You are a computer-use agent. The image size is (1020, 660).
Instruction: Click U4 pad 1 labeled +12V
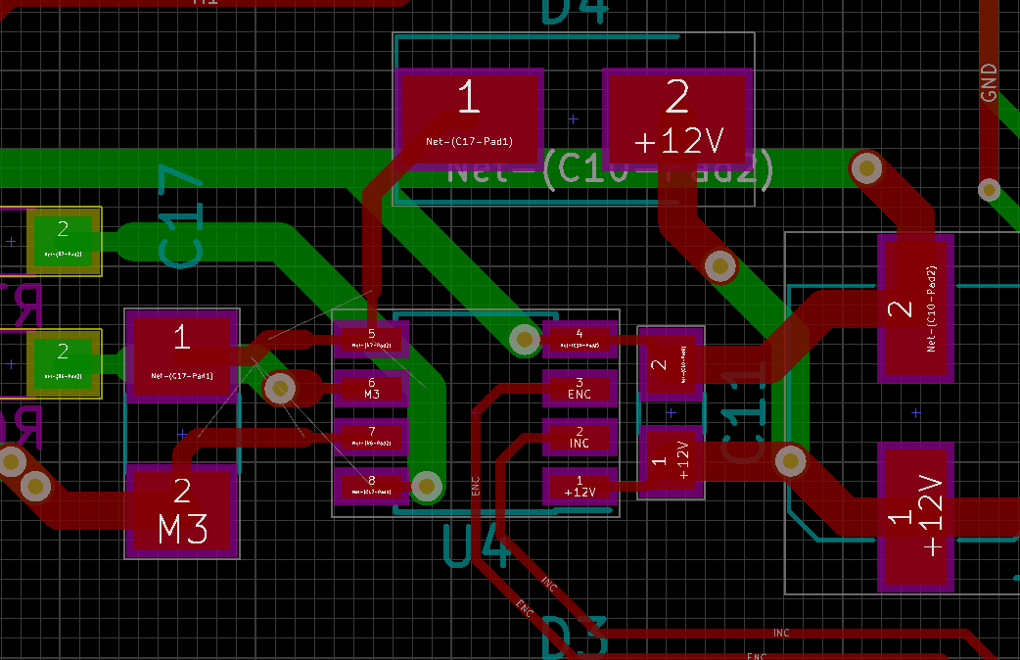[x=580, y=486]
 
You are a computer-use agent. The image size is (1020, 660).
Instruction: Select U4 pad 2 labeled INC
[x=580, y=437]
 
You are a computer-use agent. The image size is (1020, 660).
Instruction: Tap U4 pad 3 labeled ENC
[x=580, y=388]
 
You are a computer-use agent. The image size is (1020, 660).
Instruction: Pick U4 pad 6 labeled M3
[x=371, y=389]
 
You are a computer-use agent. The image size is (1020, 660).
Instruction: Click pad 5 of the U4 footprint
[x=371, y=340]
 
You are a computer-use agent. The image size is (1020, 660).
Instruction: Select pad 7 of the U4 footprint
[x=371, y=437]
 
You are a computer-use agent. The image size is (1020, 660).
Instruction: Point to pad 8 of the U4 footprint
[x=371, y=486]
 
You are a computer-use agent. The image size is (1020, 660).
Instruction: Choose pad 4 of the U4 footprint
[x=580, y=340]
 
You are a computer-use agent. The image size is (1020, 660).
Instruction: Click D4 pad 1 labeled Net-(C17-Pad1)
[x=470, y=118]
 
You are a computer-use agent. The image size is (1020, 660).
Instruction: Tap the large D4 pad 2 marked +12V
[x=677, y=118]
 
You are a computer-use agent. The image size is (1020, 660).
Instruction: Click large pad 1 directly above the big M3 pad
[x=182, y=354]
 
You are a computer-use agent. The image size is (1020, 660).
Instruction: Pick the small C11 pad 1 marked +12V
[x=671, y=458]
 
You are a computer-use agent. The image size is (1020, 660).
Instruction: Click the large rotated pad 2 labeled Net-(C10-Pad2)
[x=915, y=308]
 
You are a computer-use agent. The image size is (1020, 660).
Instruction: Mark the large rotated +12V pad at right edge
[x=915, y=517]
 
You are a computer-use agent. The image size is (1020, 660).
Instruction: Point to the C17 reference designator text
[x=182, y=220]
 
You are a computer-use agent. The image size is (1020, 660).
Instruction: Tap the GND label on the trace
[x=989, y=83]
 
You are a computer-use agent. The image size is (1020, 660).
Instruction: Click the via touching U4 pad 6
[x=280, y=390]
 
